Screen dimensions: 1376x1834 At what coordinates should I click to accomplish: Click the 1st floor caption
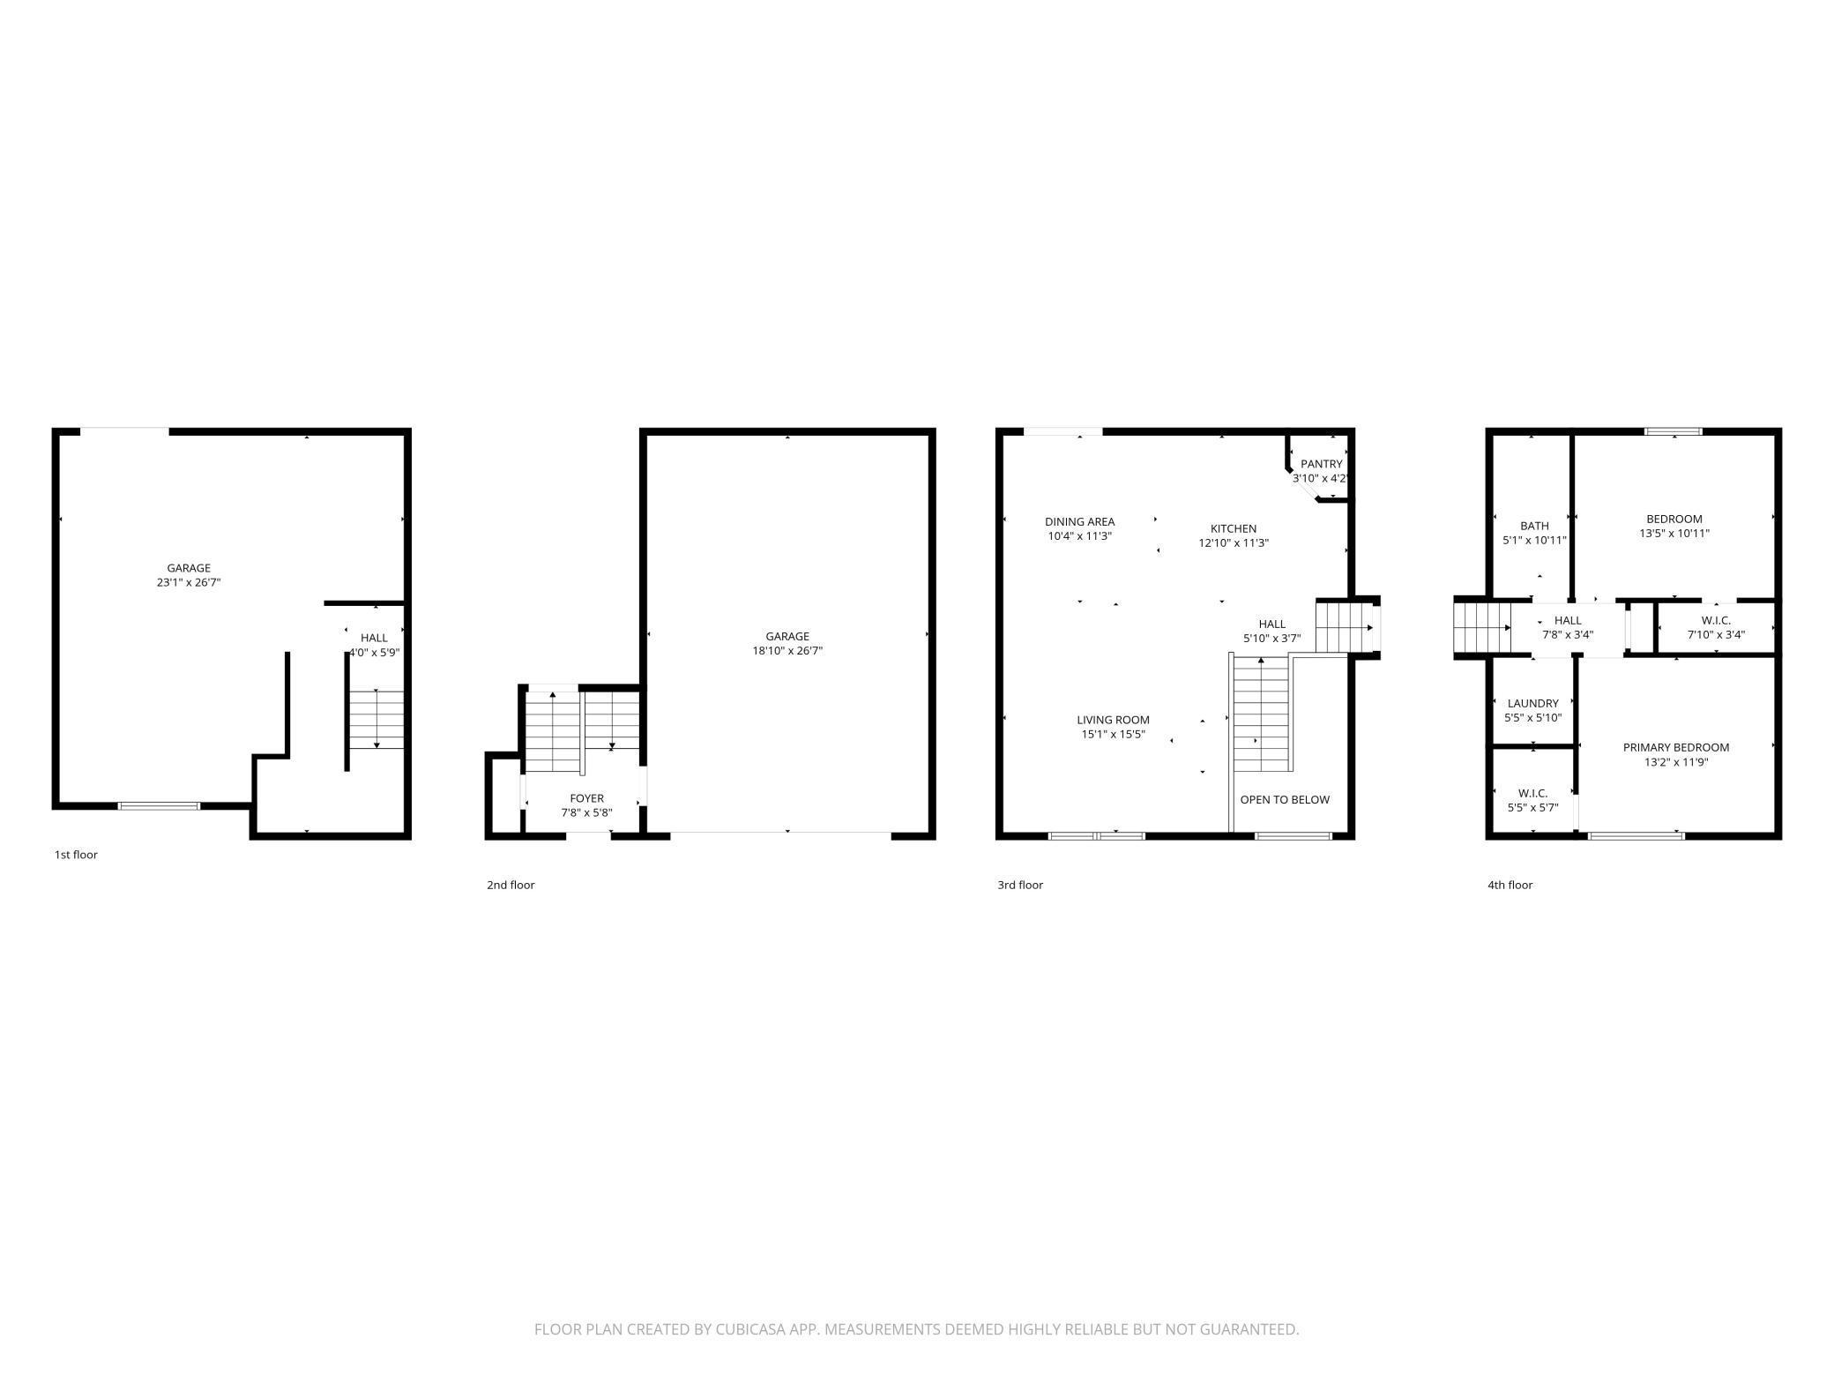(x=76, y=855)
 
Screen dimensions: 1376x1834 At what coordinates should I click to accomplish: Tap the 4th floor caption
(x=1510, y=885)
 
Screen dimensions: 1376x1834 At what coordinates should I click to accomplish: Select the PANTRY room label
(x=1321, y=464)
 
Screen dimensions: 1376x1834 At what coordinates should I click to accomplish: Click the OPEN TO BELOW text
(x=1285, y=800)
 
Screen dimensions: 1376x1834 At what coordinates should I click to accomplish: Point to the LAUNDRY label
(x=1532, y=703)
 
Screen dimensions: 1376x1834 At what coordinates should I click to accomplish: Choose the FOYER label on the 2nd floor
(x=586, y=798)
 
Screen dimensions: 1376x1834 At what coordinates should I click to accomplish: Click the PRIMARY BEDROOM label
(x=1675, y=747)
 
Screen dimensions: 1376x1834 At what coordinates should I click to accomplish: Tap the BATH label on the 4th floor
(x=1534, y=526)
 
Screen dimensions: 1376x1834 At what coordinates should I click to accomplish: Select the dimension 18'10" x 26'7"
(x=787, y=651)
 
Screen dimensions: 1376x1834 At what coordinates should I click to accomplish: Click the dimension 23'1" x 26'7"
(x=189, y=582)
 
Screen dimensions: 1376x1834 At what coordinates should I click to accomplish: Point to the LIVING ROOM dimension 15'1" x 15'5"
(x=1113, y=734)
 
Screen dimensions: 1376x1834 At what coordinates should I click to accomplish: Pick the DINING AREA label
(x=1079, y=521)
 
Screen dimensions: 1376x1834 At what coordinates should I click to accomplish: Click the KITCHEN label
(x=1233, y=528)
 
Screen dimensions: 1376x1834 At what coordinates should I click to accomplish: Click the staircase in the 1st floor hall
(x=376, y=719)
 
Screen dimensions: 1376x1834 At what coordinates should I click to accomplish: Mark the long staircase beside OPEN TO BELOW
(x=1261, y=714)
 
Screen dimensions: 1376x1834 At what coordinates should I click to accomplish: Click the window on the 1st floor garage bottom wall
(x=160, y=805)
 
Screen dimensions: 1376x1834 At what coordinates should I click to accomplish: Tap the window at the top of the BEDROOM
(x=1673, y=432)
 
